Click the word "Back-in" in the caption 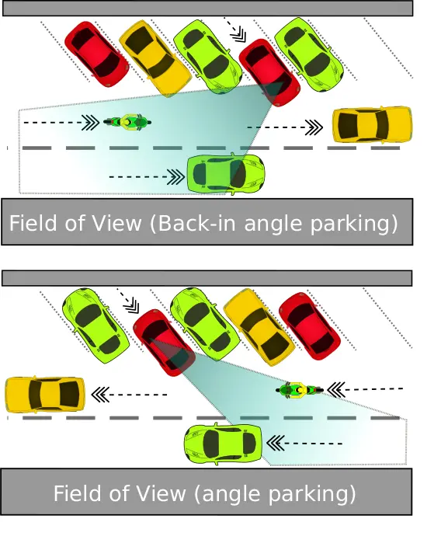(x=196, y=223)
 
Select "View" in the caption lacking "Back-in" (x=161, y=493)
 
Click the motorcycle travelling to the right (x=127, y=122)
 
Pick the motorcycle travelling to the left (x=300, y=390)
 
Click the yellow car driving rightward (x=372, y=125)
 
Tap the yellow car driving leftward (x=45, y=395)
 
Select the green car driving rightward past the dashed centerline (x=226, y=174)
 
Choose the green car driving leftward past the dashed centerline (x=224, y=444)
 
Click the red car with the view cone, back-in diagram (x=269, y=72)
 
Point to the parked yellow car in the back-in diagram (x=155, y=58)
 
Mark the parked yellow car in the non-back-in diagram (x=259, y=327)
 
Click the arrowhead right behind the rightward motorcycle (x=90, y=123)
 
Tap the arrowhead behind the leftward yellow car (x=100, y=395)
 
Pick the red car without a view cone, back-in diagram (x=97, y=54)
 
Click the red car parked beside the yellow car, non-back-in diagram (x=310, y=325)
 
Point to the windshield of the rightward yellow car (x=382, y=124)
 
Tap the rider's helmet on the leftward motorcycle (x=299, y=390)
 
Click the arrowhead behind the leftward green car (x=275, y=444)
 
